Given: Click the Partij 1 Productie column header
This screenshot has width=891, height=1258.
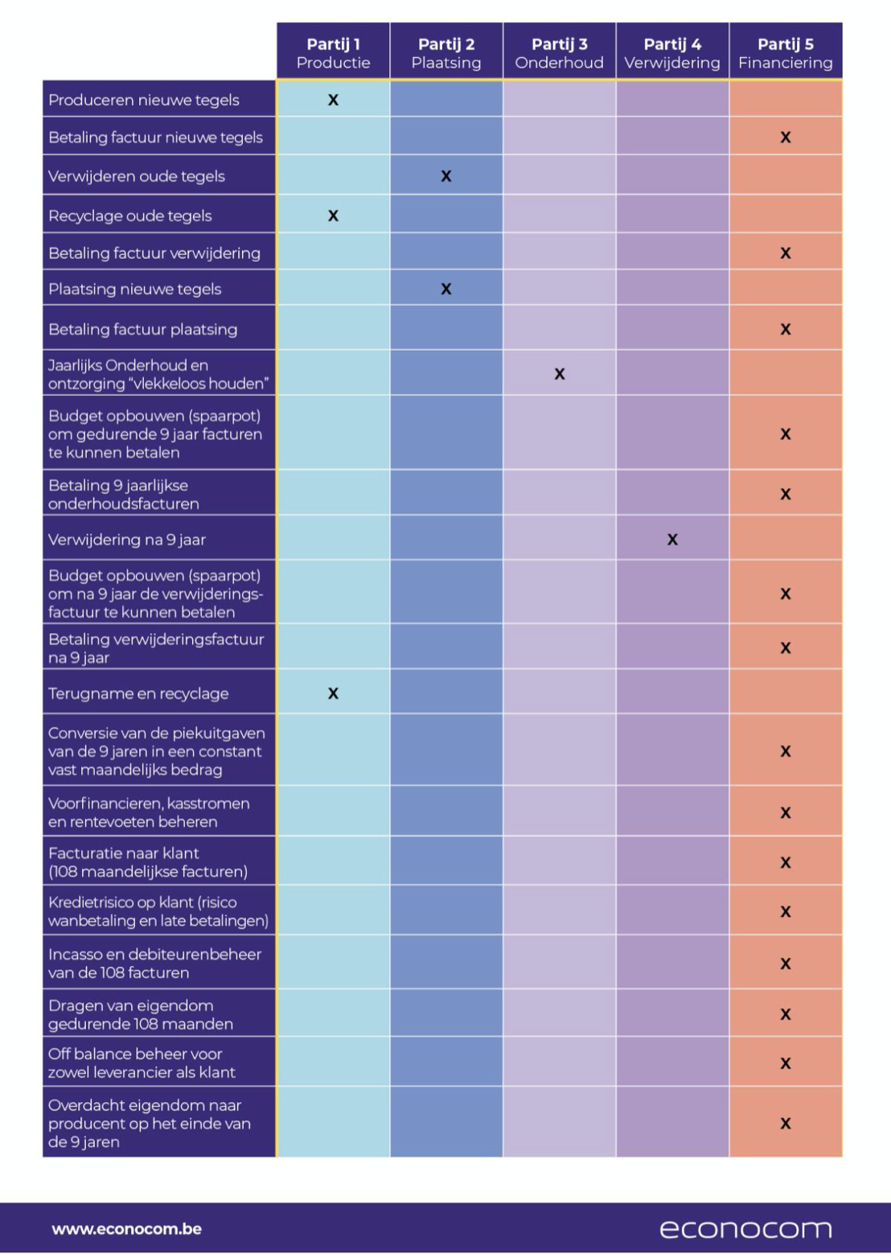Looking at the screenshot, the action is (x=333, y=53).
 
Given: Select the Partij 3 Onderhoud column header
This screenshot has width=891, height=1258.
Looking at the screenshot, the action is (x=559, y=53).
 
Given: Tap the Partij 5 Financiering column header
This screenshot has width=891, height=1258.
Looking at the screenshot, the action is (x=786, y=53).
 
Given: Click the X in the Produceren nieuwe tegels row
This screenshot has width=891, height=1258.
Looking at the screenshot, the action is (x=333, y=100).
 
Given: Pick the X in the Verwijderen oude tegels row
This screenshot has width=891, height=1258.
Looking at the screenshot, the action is (x=445, y=176).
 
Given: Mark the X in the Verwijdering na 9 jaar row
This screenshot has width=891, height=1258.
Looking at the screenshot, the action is (x=672, y=540).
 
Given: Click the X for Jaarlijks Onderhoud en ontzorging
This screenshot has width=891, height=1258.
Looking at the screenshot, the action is (x=559, y=374).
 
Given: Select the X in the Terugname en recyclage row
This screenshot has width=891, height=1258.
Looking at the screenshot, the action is (x=333, y=693).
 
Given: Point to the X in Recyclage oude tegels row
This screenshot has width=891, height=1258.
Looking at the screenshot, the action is (x=333, y=216).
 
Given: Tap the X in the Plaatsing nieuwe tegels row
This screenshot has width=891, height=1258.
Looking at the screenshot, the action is (x=445, y=290).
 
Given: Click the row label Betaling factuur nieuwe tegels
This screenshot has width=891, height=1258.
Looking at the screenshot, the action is (x=155, y=138).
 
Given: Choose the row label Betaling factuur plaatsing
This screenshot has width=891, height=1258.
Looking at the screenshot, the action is (x=142, y=330).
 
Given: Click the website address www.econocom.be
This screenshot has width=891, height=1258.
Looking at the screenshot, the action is (x=126, y=1229).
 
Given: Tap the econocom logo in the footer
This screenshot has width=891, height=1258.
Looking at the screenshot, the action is (x=745, y=1229).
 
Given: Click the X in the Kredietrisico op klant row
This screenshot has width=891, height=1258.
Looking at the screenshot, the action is (x=786, y=911).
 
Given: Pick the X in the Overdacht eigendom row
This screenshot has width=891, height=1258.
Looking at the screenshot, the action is (x=786, y=1123).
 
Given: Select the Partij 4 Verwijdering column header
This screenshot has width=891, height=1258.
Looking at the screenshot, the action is (x=672, y=53).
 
